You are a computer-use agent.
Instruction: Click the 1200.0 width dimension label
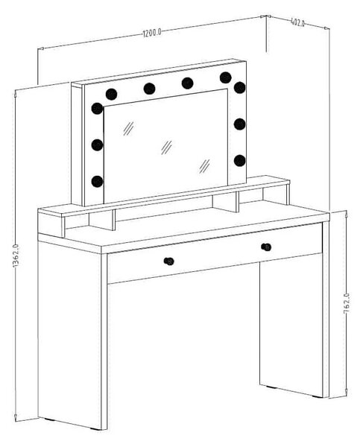click(x=152, y=33)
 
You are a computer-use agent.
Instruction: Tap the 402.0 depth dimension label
click(x=298, y=22)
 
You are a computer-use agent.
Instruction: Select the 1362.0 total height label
click(x=16, y=256)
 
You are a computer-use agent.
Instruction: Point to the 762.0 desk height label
click(x=347, y=303)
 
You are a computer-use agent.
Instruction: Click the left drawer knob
click(x=169, y=261)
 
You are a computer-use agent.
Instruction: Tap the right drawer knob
click(x=266, y=247)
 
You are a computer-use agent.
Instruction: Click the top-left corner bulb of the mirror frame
click(x=111, y=95)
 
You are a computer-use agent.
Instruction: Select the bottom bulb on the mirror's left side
click(x=97, y=182)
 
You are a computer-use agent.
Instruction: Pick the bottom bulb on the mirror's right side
click(x=239, y=160)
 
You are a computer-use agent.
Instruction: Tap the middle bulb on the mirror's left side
click(x=97, y=145)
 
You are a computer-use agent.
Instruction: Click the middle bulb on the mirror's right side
click(x=239, y=124)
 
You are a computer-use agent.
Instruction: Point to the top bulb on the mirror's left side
click(x=97, y=109)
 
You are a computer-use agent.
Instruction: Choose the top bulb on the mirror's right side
click(x=239, y=87)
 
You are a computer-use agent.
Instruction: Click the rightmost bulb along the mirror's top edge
click(x=225, y=77)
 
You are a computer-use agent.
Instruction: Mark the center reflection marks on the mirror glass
click(x=167, y=148)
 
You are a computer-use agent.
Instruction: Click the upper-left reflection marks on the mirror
click(x=128, y=129)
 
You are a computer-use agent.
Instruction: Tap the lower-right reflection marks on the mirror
click(x=204, y=166)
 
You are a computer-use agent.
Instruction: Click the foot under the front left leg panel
click(x=96, y=428)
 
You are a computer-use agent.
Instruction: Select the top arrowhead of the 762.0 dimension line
click(x=347, y=214)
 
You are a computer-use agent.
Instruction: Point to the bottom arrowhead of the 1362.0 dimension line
click(x=16, y=418)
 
